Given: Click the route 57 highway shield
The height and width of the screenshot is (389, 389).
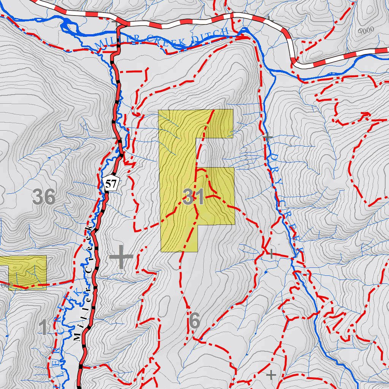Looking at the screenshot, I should click(x=111, y=184).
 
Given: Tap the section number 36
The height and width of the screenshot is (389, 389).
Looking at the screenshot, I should click(x=44, y=197).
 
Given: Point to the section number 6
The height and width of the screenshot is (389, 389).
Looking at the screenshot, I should click(x=194, y=321).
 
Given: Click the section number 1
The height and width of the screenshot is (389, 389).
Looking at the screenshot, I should click(x=44, y=327).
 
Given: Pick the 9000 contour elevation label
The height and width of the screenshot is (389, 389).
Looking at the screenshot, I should click(x=366, y=30).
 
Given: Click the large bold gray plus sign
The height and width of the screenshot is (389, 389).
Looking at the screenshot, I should click(x=121, y=257).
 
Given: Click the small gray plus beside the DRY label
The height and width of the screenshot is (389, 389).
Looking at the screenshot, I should click(x=268, y=137).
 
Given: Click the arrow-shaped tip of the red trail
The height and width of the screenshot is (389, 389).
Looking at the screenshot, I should click(x=366, y=114).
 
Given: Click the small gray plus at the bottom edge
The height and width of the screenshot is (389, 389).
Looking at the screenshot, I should click(x=271, y=375).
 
